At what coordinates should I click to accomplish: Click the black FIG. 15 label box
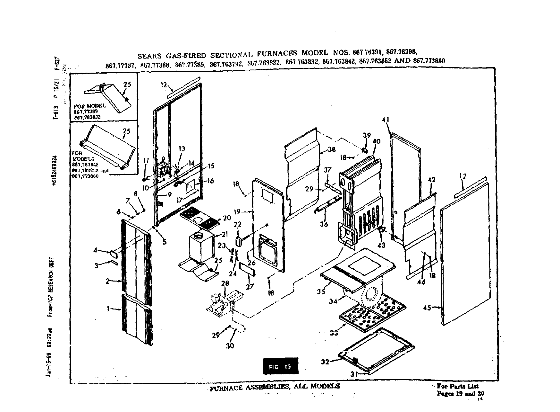point(280,366)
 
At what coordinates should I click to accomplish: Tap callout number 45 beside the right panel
point(427,308)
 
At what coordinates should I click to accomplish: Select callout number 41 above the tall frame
point(386,120)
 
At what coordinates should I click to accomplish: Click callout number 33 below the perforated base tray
point(334,333)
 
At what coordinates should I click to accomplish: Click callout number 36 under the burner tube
point(324,224)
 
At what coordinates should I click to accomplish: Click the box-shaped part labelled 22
point(239,241)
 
